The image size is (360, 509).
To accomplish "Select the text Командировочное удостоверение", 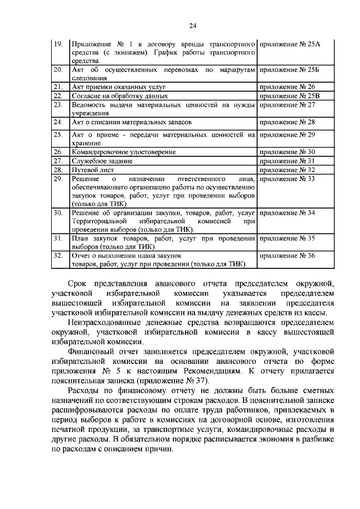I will (124, 152).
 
